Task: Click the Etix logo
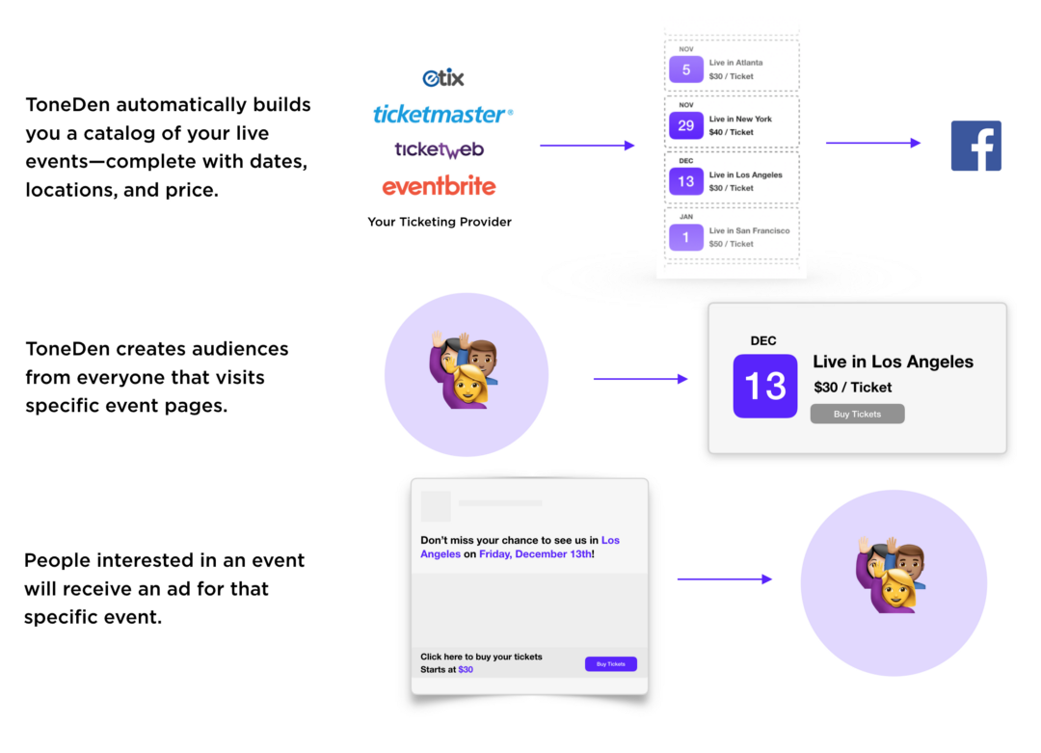[442, 78]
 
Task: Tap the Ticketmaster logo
[442, 114]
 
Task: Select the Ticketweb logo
[439, 150]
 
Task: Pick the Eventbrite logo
[439, 187]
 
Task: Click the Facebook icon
[975, 146]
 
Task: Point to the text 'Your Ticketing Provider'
[440, 222]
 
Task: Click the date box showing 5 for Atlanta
[686, 69]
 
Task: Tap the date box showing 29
[686, 125]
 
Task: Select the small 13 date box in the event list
[686, 181]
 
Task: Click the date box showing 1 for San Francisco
[686, 237]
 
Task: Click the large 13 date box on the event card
[764, 386]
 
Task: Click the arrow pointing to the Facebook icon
[873, 143]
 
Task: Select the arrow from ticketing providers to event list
[587, 145]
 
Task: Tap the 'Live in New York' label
[740, 119]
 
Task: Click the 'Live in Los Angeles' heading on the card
[893, 362]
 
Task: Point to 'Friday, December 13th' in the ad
[535, 553]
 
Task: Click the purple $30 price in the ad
[466, 669]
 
